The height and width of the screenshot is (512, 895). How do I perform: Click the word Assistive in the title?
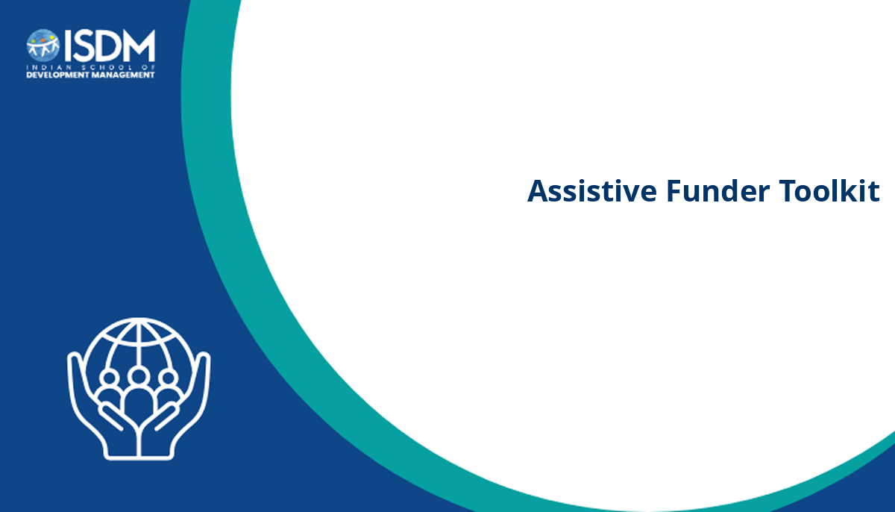pyautogui.click(x=592, y=190)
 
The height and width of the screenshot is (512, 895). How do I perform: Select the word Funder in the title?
pyautogui.click(x=718, y=190)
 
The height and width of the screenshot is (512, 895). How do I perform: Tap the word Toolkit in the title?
pyautogui.click(x=829, y=190)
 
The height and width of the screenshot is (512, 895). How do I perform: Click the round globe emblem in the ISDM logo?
pyautogui.click(x=43, y=46)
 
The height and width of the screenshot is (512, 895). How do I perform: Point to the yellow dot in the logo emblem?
pyautogui.click(x=52, y=37)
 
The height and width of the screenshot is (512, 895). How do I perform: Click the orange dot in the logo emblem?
pyautogui.click(x=43, y=40)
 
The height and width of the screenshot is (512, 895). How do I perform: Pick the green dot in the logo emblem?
pyautogui.click(x=34, y=42)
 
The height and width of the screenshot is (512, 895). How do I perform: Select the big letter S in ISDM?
pyautogui.click(x=83, y=46)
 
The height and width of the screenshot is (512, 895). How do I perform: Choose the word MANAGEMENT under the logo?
pyautogui.click(x=123, y=75)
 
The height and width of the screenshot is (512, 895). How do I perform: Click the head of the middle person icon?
pyautogui.click(x=139, y=376)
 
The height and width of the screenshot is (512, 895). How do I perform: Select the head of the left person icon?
pyautogui.click(x=109, y=378)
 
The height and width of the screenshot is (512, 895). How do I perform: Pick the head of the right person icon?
pyautogui.click(x=169, y=378)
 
